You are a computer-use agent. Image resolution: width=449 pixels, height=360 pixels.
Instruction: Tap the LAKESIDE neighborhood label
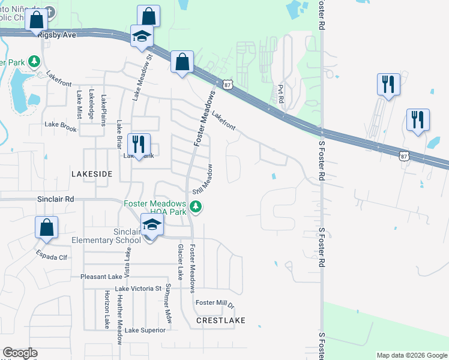click(92, 173)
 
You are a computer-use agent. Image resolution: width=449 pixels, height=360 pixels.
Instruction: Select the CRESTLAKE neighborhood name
click(221, 320)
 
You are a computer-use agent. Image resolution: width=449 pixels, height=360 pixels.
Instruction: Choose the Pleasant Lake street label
click(101, 277)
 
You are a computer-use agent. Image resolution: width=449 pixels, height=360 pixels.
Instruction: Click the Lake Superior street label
click(145, 330)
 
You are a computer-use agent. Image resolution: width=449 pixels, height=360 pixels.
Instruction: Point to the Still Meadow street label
click(202, 179)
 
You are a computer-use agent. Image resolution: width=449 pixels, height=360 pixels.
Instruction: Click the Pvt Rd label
click(280, 93)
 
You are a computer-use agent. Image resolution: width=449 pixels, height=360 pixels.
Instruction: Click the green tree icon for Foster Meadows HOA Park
click(196, 207)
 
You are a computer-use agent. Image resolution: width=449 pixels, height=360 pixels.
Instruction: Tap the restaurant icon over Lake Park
click(139, 144)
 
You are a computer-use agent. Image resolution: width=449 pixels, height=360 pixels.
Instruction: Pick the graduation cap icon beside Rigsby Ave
click(142, 37)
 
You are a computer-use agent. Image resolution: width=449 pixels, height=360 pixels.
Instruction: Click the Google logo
click(20, 353)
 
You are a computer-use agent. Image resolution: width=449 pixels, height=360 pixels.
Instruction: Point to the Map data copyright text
click(412, 355)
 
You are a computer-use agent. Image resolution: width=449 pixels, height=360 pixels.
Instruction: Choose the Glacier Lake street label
click(179, 262)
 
